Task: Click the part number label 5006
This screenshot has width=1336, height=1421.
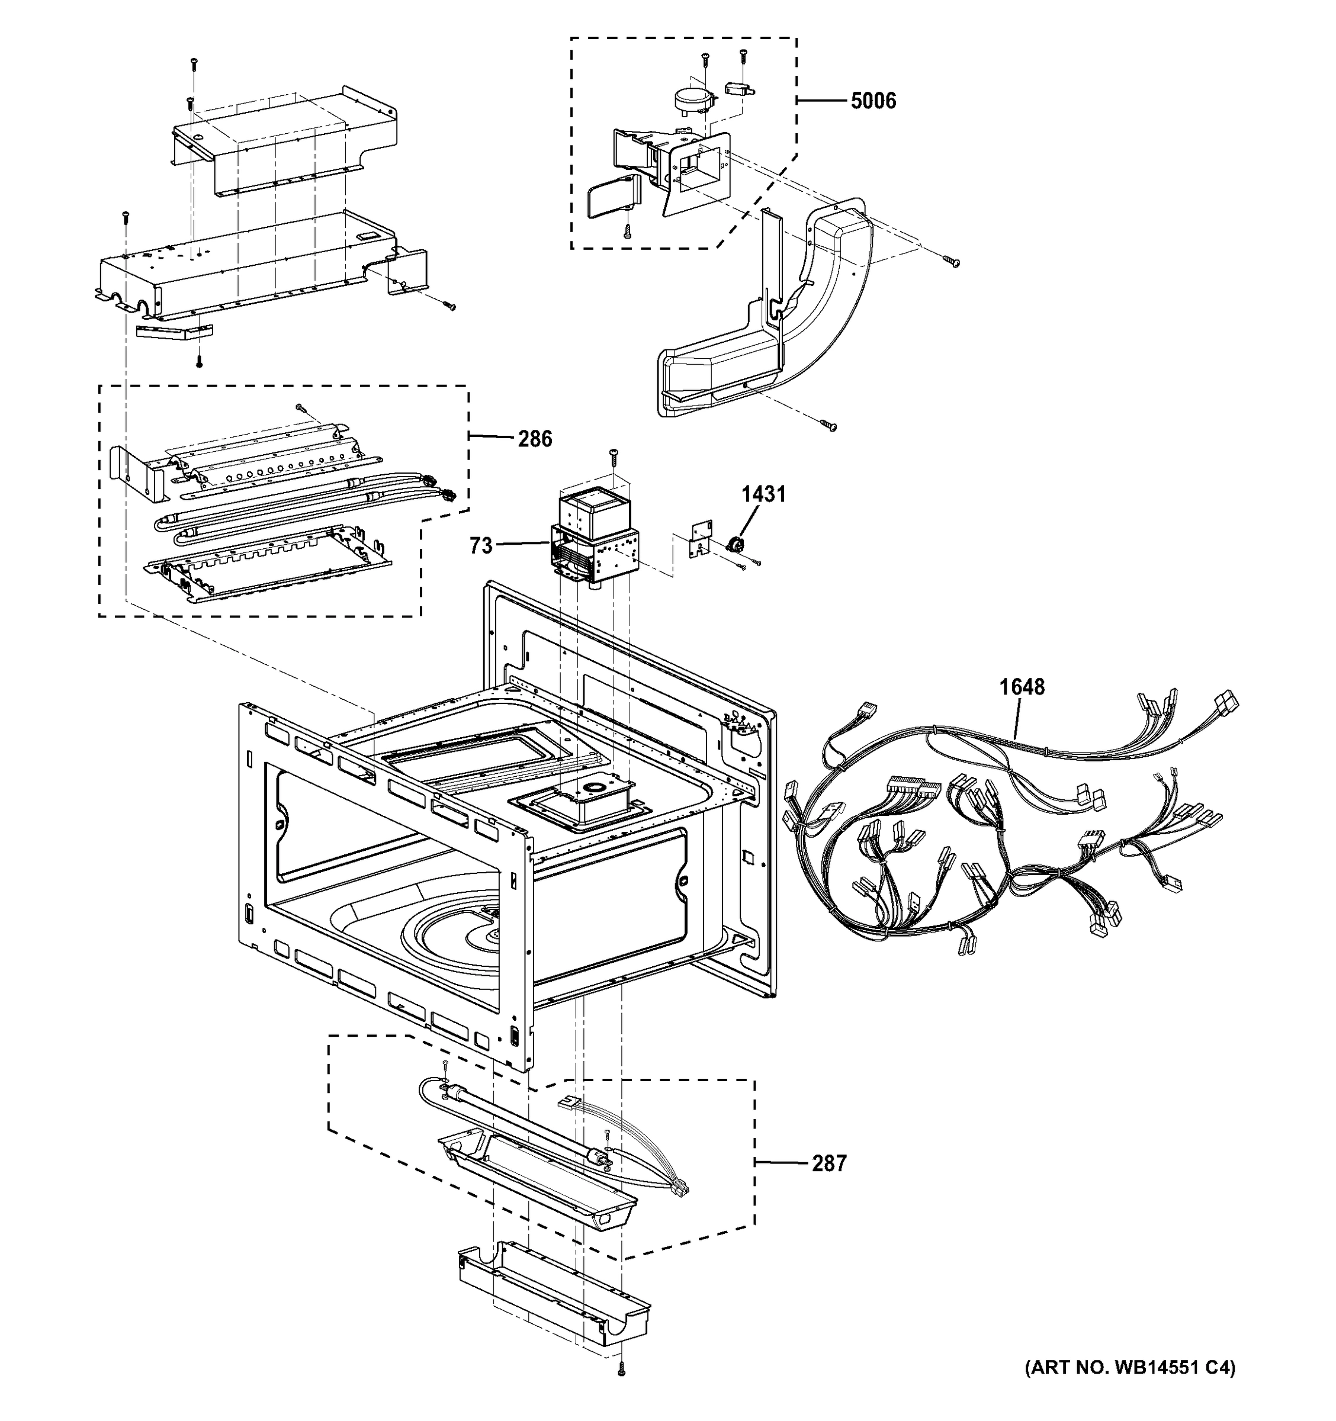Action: (x=873, y=101)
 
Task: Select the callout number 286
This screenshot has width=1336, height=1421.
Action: (x=535, y=438)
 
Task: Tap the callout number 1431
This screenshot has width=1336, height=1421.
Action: (x=763, y=493)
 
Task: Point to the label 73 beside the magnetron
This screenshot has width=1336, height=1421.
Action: (x=481, y=545)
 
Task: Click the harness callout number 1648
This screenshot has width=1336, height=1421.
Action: (x=1022, y=687)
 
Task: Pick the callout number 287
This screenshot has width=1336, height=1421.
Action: (x=828, y=1163)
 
